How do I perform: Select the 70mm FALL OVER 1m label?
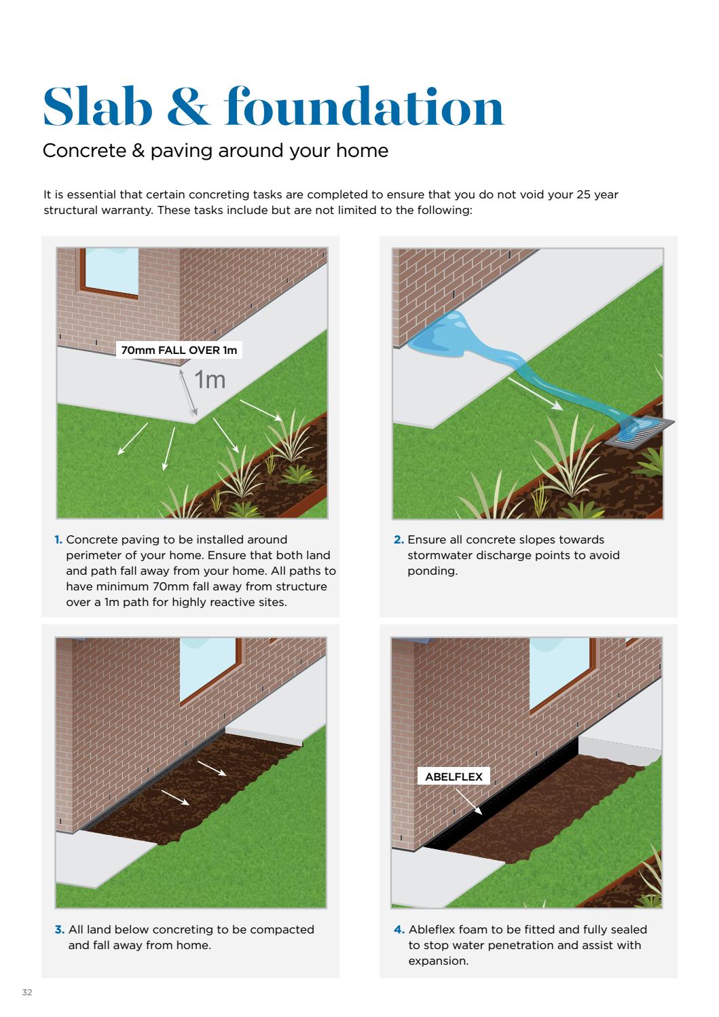click(179, 351)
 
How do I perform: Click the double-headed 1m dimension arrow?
click(189, 392)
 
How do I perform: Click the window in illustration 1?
click(109, 270)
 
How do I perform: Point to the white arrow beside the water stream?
click(536, 394)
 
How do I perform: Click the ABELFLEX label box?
click(454, 777)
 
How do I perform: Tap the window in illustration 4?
click(559, 672)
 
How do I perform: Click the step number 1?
click(58, 540)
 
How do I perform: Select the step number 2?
click(399, 540)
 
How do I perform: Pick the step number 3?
click(59, 929)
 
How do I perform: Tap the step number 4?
click(399, 929)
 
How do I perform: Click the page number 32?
click(27, 993)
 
